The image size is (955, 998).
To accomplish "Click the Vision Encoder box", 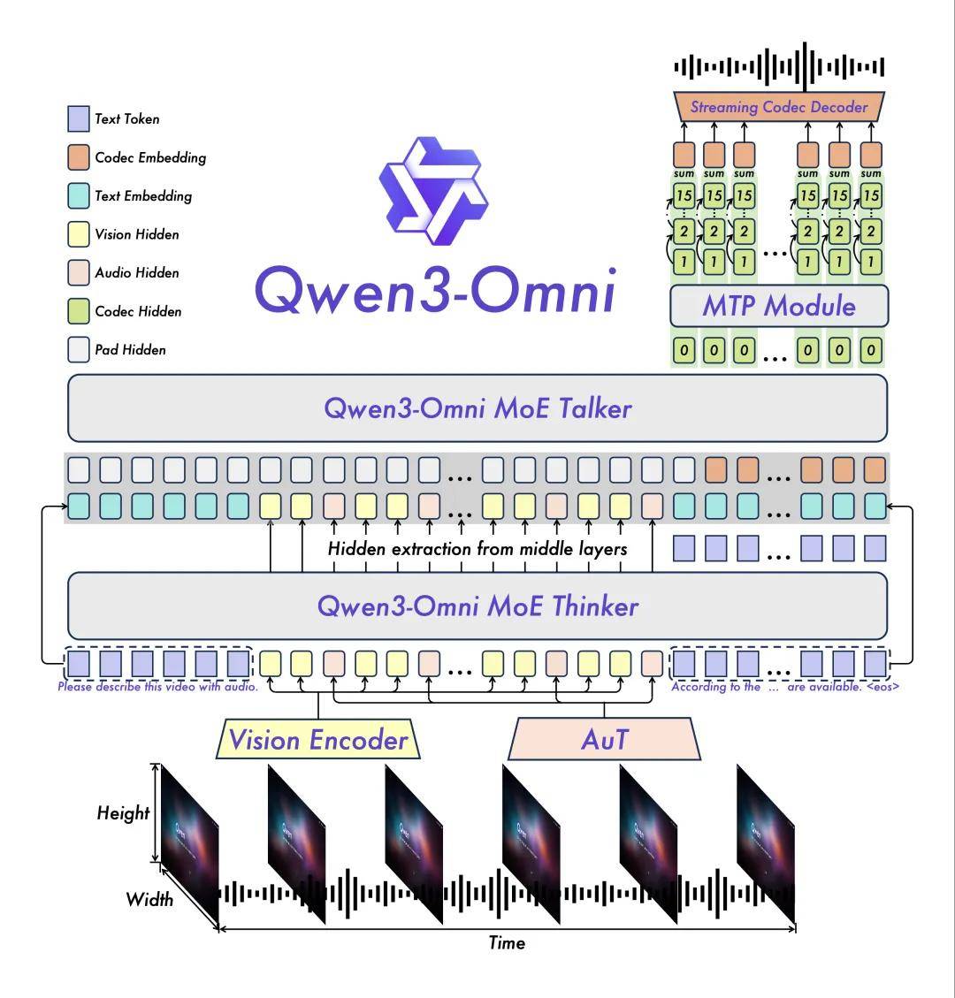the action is pyautogui.click(x=318, y=739).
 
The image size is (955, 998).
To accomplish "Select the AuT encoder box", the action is pyautogui.click(x=604, y=739).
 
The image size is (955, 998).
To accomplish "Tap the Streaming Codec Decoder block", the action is pyautogui.click(x=779, y=107).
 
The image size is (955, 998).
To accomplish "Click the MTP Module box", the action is pyautogui.click(x=779, y=306).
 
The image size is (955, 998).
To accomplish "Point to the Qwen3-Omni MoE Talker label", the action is pyautogui.click(x=477, y=408).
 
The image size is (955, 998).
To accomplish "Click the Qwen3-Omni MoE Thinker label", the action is pyautogui.click(x=477, y=606).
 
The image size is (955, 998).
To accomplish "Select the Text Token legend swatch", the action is pyautogui.click(x=79, y=119).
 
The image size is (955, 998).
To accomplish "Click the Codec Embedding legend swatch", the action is pyautogui.click(x=79, y=157).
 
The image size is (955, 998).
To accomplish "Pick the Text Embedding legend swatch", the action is pyautogui.click(x=79, y=196).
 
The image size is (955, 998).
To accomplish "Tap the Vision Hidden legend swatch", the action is pyautogui.click(x=79, y=234).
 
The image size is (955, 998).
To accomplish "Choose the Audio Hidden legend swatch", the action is pyautogui.click(x=79, y=272).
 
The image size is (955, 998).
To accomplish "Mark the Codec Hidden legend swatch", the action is pyautogui.click(x=79, y=311).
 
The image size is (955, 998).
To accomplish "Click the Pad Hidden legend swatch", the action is pyautogui.click(x=79, y=349).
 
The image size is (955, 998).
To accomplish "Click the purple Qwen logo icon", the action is pyautogui.click(x=433, y=191).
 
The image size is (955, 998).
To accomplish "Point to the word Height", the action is pyautogui.click(x=123, y=812).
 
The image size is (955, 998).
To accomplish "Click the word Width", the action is pyautogui.click(x=149, y=899).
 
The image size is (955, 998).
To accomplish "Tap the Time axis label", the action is pyautogui.click(x=507, y=942).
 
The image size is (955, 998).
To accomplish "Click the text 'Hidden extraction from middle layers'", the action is pyautogui.click(x=477, y=549).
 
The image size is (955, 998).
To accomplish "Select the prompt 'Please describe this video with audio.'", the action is pyautogui.click(x=158, y=687).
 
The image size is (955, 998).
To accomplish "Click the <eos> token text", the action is pyautogui.click(x=882, y=687).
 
